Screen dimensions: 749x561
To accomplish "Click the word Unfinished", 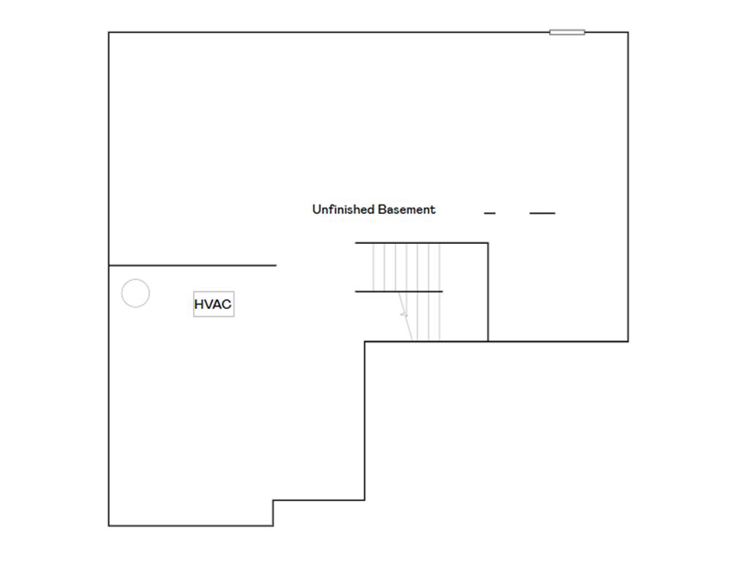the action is pos(343,210).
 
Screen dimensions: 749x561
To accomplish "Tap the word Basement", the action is pos(407,210).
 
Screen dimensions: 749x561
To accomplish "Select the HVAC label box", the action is pos(214,304).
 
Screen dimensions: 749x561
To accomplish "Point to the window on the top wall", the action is pos(567,32).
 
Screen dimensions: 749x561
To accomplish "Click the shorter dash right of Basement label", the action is pos(489,213).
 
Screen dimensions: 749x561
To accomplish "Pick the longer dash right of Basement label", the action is pos(542,213).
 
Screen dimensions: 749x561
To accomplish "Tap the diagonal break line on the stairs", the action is pos(405,316).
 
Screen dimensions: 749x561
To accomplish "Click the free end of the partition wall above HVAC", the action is pos(276,265).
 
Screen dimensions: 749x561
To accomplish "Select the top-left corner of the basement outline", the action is pos(109,32).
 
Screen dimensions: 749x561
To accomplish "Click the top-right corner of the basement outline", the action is pos(628,32).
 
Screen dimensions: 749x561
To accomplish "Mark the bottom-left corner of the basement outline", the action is pos(109,526).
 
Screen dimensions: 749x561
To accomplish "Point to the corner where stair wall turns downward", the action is pos(488,243).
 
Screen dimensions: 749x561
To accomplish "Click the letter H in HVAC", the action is pos(199,304).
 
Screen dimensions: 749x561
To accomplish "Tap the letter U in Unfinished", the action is pos(316,209).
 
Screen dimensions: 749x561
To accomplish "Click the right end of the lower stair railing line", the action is pos(443,291).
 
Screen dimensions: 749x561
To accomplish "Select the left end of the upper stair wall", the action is pos(355,243).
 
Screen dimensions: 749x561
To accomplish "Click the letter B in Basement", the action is pos(382,209).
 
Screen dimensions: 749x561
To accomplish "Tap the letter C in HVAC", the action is pos(227,304).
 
